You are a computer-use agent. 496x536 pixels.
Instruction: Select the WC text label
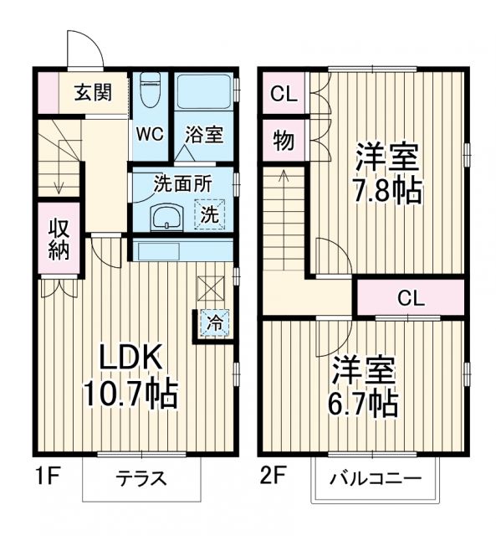pyautogui.click(x=151, y=134)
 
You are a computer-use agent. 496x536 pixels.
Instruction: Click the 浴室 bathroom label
pyautogui.click(x=204, y=134)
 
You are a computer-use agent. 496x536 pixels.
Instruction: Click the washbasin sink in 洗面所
pyautogui.click(x=166, y=217)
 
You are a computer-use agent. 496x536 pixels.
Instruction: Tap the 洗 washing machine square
pyautogui.click(x=210, y=214)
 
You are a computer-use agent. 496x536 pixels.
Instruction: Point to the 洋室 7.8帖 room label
pyautogui.click(x=386, y=173)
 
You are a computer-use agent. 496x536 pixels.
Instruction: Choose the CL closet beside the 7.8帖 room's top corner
pyautogui.click(x=284, y=94)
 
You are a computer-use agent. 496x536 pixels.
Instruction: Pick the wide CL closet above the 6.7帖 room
pyautogui.click(x=410, y=297)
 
